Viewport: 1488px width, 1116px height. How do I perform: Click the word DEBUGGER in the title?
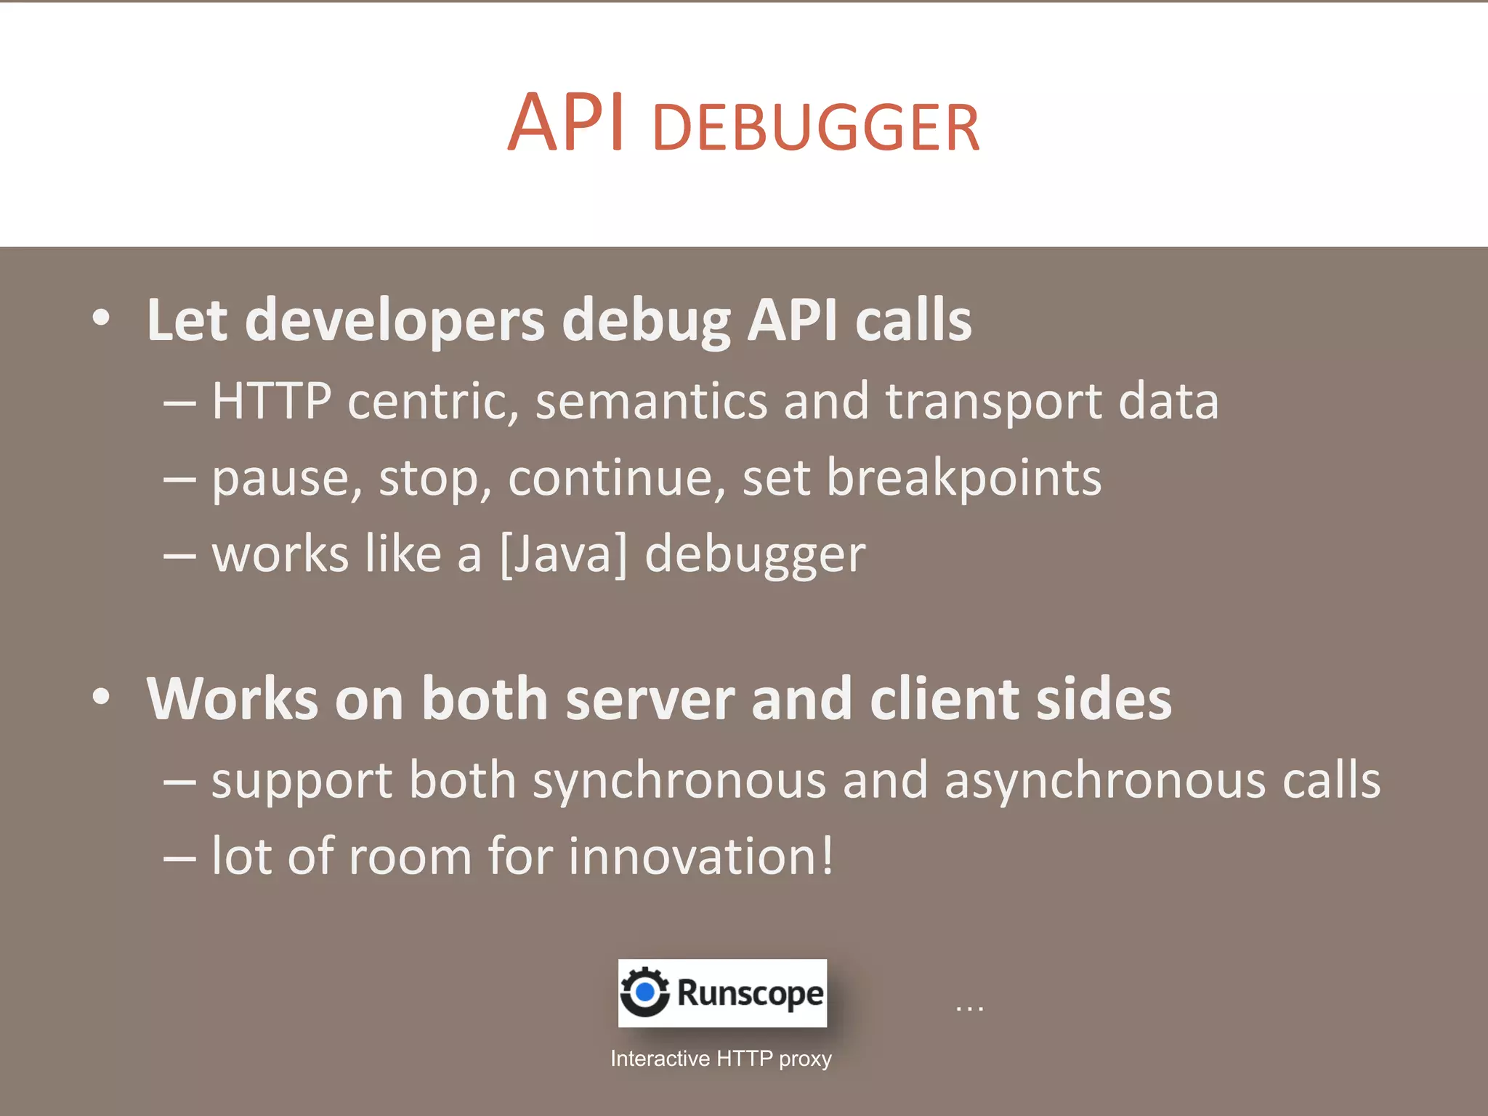point(816,129)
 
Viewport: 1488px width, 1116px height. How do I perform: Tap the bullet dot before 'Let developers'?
point(102,318)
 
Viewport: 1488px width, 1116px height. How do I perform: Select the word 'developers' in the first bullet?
point(395,320)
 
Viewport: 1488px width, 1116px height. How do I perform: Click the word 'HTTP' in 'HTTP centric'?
point(272,401)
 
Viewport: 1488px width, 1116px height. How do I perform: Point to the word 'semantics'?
point(651,402)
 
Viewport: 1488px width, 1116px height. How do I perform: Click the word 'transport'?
point(993,403)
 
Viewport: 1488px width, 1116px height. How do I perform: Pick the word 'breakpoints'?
point(963,478)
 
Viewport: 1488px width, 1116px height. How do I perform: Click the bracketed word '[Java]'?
point(564,554)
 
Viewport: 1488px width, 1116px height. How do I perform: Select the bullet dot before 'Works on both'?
point(102,697)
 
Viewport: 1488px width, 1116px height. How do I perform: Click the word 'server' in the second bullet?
point(650,699)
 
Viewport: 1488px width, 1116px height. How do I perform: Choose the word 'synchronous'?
point(679,781)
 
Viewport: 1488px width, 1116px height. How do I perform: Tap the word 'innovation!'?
point(701,857)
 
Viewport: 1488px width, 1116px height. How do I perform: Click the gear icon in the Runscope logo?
point(644,992)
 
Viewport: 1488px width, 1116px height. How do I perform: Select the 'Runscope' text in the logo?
point(750,993)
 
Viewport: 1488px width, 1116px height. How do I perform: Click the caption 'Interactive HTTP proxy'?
point(721,1059)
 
